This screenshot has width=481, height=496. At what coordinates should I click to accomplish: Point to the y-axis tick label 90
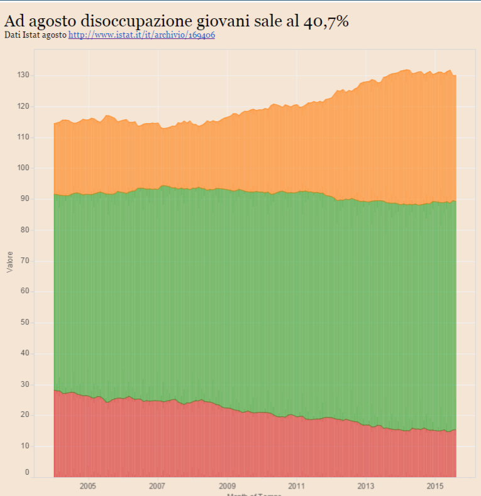pos(23,199)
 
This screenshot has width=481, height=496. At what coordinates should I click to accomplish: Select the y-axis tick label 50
pos(23,323)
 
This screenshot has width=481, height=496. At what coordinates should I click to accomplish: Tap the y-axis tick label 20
pos(23,415)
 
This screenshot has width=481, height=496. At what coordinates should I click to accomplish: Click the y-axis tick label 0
pos(26,472)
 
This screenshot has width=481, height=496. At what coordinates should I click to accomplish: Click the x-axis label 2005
pos(87,486)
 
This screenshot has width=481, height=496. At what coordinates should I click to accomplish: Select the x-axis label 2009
pos(227,486)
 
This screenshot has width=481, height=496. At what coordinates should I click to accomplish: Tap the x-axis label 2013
pos(366,486)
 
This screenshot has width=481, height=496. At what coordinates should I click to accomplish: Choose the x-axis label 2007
pos(157,486)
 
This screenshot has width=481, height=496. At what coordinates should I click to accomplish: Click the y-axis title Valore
pos(9,261)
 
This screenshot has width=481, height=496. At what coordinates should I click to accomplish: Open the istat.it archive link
pos(141,35)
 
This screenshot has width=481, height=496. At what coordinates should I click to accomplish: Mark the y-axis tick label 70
pos(23,261)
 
